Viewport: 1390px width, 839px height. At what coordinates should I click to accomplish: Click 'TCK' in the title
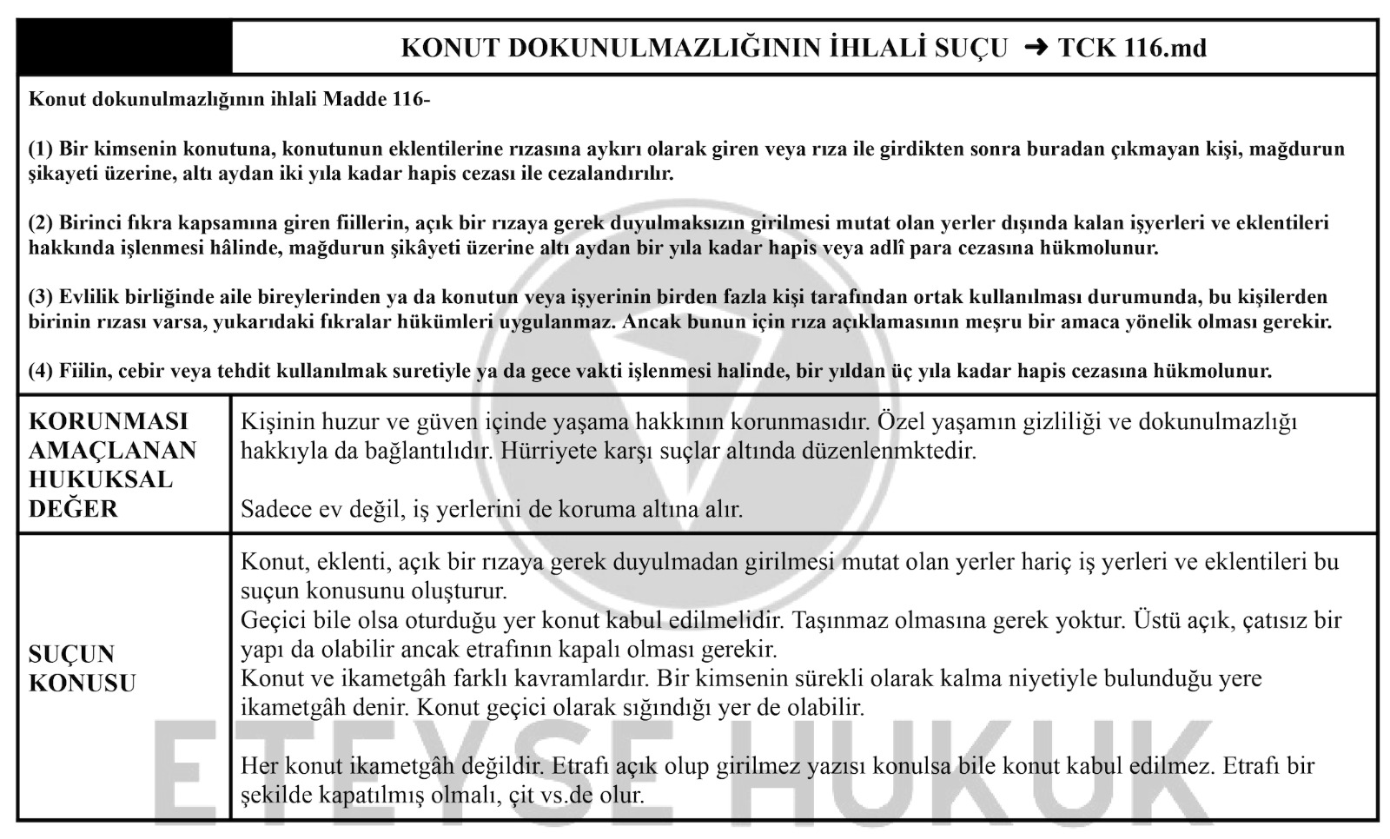(1085, 48)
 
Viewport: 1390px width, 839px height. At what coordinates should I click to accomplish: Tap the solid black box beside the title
(125, 48)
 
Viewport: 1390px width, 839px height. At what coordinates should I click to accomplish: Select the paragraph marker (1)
(41, 149)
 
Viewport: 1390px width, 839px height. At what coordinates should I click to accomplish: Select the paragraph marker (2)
(41, 223)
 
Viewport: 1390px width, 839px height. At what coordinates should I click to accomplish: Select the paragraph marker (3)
(41, 297)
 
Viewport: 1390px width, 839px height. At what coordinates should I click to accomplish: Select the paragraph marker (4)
(41, 372)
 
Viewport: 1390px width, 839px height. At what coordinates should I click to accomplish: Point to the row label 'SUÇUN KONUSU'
(82, 668)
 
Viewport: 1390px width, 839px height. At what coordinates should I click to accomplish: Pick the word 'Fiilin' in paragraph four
(81, 372)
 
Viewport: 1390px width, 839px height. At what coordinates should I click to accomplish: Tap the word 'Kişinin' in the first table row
(275, 422)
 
